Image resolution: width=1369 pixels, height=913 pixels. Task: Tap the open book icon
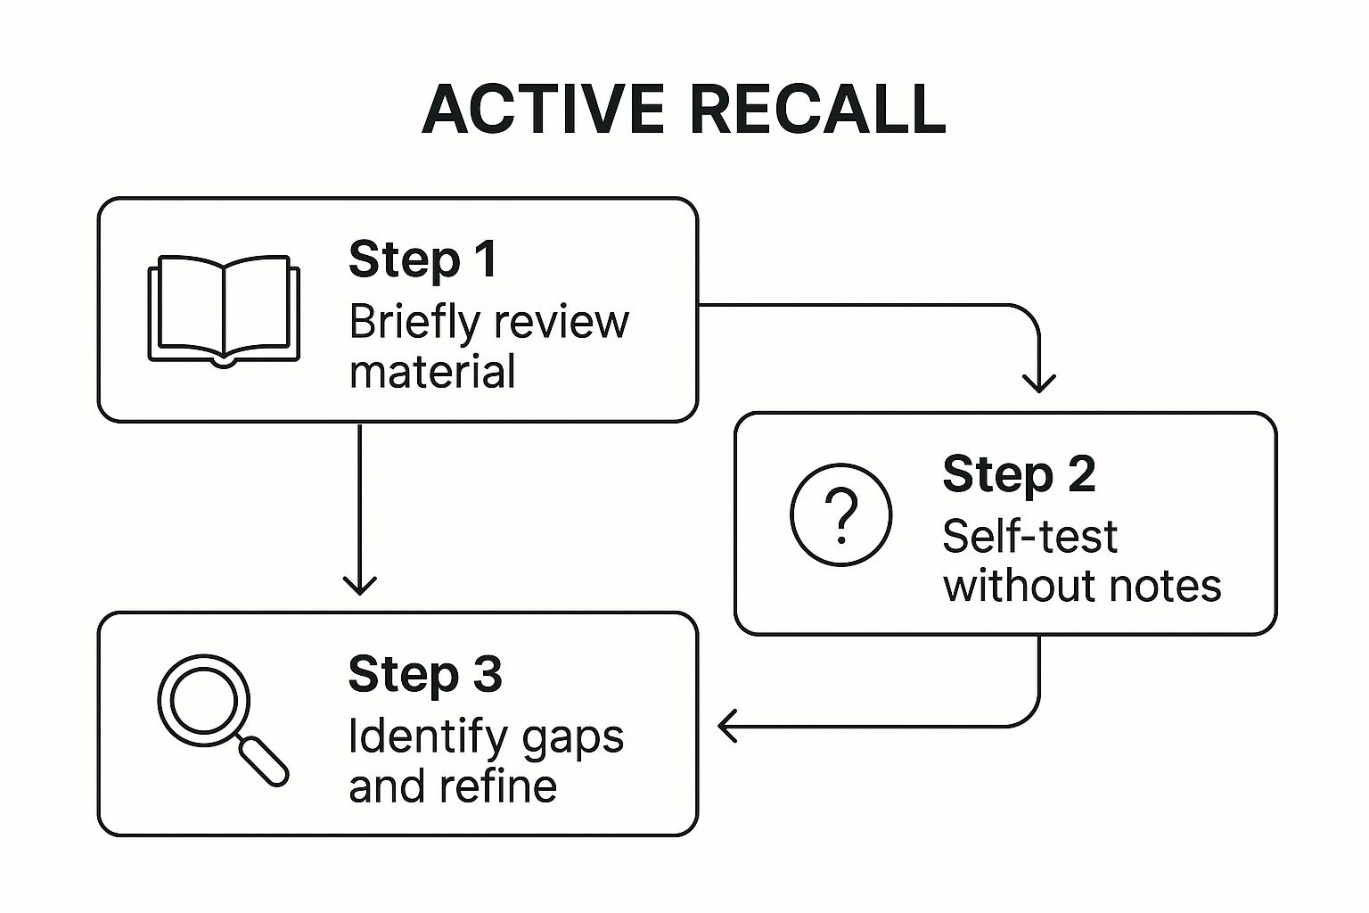pyautogui.click(x=223, y=311)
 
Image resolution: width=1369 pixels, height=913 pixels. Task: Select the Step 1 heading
pyautogui.click(x=422, y=260)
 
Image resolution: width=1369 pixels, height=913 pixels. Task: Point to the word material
pyautogui.click(x=432, y=372)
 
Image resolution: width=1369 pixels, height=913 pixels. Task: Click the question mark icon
pyautogui.click(x=840, y=514)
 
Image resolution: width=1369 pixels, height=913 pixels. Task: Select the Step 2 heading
pyautogui.click(x=1019, y=474)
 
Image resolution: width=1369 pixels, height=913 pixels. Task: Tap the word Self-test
pyautogui.click(x=1029, y=537)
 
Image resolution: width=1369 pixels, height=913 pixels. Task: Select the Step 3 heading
pyautogui.click(x=425, y=674)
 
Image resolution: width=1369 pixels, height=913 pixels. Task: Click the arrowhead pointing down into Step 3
pyautogui.click(x=359, y=585)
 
